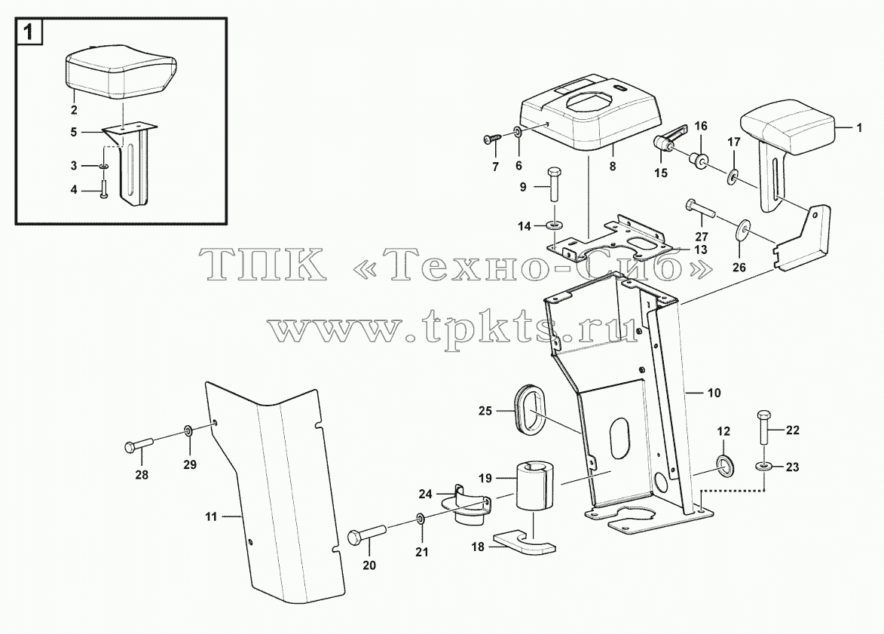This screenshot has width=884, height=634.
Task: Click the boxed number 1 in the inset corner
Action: (29, 33)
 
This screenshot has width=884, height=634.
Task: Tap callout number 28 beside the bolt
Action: (142, 475)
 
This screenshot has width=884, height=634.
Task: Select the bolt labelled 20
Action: (366, 533)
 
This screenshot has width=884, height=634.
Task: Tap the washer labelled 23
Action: (764, 467)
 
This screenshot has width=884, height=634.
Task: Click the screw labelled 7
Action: (492, 139)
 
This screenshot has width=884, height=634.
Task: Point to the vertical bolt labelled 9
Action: (553, 184)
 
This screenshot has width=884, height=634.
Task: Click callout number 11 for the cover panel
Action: (211, 516)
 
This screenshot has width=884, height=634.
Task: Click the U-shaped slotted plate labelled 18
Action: (522, 541)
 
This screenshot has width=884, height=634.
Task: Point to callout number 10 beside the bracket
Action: (714, 393)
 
